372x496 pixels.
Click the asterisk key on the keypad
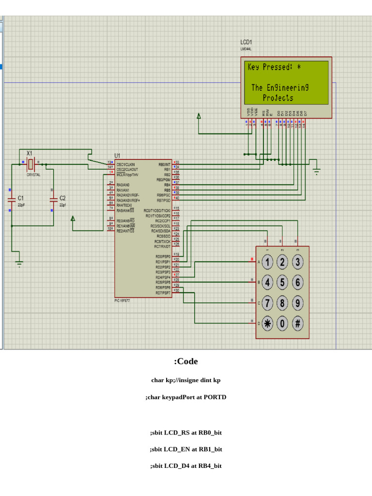tap(268, 324)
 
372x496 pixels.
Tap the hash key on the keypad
tap(297, 324)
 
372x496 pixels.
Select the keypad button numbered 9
tap(297, 303)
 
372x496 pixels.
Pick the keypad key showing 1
tap(268, 263)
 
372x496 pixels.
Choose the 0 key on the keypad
tap(282, 324)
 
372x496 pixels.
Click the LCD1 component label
tap(246, 43)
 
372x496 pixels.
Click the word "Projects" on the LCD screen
tap(278, 98)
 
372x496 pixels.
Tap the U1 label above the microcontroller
tap(117, 155)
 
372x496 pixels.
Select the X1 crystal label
tap(29, 153)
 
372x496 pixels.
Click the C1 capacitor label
tap(20, 198)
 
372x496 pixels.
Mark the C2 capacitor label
tap(62, 198)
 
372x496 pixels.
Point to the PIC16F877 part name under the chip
tap(122, 301)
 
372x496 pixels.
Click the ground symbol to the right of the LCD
tap(317, 170)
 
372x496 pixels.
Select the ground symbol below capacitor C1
tap(19, 263)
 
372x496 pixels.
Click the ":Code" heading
tap(186, 361)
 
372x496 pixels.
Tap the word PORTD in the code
tap(215, 397)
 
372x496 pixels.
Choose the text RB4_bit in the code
tap(210, 466)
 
